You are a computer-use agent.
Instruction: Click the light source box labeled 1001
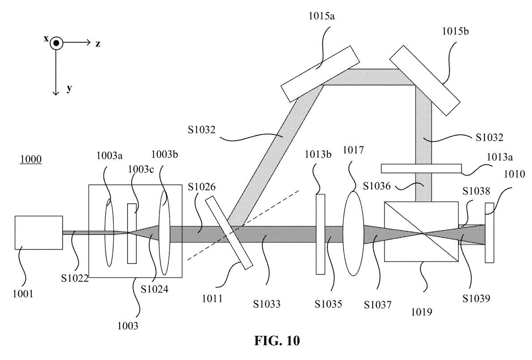(39, 232)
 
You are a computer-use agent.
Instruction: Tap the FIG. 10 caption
(277, 340)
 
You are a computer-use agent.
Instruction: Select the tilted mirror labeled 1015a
(320, 73)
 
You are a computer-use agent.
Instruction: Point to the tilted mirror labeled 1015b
(425, 81)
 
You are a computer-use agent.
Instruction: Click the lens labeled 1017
(353, 233)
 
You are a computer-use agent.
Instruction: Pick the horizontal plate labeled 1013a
(421, 168)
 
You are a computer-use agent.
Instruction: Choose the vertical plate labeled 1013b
(320, 234)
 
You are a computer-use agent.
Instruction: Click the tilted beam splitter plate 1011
(229, 233)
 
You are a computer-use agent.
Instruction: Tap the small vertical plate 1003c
(132, 233)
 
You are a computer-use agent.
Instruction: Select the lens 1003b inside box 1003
(164, 233)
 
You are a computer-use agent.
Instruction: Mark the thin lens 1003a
(109, 233)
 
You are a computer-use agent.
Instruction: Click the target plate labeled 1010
(489, 232)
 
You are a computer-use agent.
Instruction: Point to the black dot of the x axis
(56, 43)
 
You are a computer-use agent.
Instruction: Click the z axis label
(98, 44)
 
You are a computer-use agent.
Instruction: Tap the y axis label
(69, 89)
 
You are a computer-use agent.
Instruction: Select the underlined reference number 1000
(31, 159)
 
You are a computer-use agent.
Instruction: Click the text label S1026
(202, 187)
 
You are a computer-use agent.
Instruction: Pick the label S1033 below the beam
(267, 304)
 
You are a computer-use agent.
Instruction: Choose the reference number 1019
(421, 312)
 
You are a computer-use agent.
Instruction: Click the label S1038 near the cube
(476, 191)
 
